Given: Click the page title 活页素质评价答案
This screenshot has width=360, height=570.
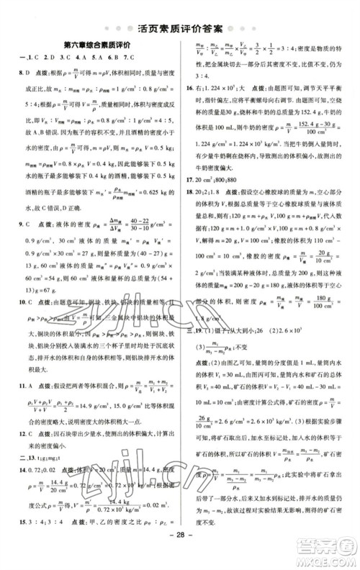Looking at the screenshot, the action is pyautogui.click(x=180, y=30).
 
